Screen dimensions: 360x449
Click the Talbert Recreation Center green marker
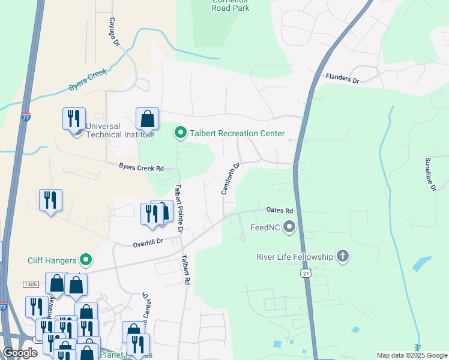(180, 133)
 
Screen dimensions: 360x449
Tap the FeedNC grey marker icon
(290, 227)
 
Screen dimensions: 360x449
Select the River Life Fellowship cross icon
(342, 257)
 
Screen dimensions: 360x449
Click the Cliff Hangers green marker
(86, 260)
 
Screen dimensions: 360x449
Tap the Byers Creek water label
(88, 79)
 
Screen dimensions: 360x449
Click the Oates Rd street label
(279, 211)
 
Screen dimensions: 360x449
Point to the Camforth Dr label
(231, 178)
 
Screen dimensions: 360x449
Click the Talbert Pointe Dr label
(178, 208)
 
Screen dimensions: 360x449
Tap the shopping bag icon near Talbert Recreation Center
(147, 119)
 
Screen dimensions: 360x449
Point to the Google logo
(20, 353)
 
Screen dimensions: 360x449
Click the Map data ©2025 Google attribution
(412, 355)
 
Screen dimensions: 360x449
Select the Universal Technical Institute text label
(103, 131)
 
